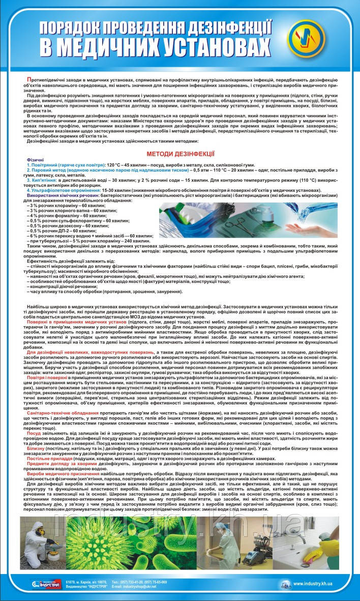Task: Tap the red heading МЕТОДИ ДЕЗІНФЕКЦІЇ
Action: pyautogui.click(x=180, y=152)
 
